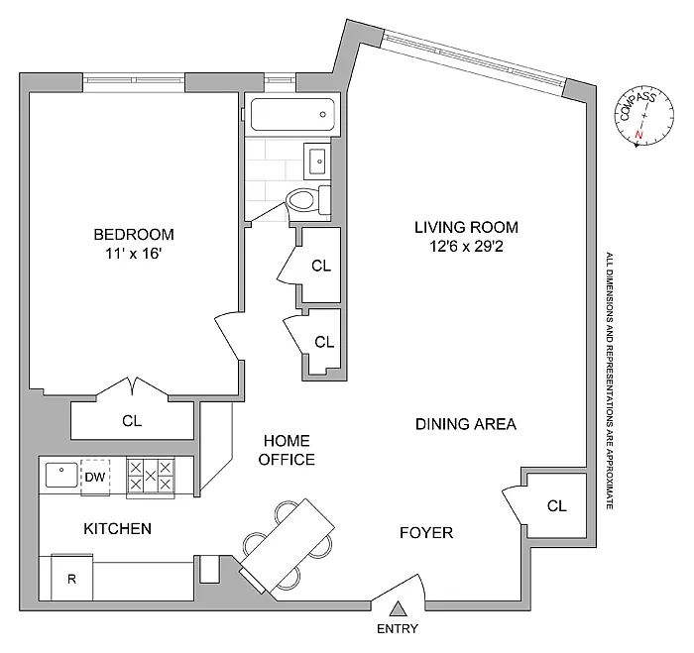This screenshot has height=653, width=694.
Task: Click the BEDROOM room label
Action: pyautogui.click(x=134, y=235)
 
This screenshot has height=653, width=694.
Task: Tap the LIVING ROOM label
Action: pyautogui.click(x=466, y=227)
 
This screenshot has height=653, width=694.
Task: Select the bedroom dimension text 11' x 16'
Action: pyautogui.click(x=134, y=254)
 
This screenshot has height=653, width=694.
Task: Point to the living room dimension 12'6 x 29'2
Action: pyautogui.click(x=466, y=246)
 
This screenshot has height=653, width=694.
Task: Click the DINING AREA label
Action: pyautogui.click(x=466, y=424)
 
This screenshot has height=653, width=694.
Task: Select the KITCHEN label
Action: pyautogui.click(x=117, y=529)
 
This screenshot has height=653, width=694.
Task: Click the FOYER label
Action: pyautogui.click(x=426, y=533)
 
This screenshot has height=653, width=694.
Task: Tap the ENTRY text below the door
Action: pyautogui.click(x=398, y=629)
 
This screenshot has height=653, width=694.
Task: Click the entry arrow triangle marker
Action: pyautogui.click(x=398, y=608)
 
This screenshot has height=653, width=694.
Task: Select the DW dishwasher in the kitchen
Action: pyautogui.click(x=95, y=477)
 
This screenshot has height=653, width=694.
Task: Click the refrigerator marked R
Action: pyautogui.click(x=71, y=579)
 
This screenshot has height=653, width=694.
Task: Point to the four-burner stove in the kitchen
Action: pyautogui.click(x=151, y=476)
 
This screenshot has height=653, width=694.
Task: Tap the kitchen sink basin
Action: pyautogui.click(x=60, y=475)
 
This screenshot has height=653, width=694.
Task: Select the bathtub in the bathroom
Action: pyautogui.click(x=290, y=117)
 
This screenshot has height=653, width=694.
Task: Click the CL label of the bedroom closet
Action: pyautogui.click(x=132, y=420)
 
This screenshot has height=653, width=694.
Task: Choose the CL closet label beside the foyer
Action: pyautogui.click(x=557, y=505)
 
